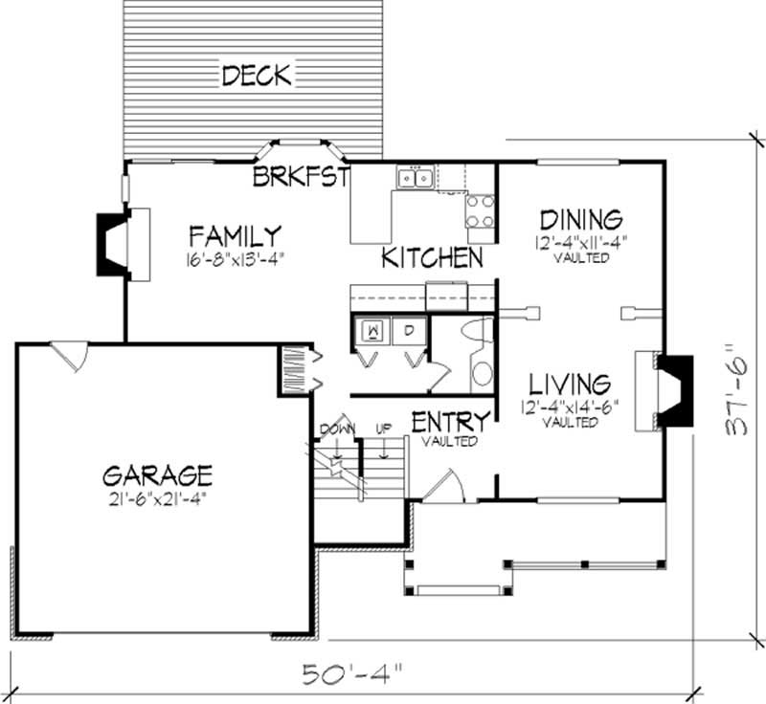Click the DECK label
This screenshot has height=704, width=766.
[256, 75]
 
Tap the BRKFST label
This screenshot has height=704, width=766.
[299, 177]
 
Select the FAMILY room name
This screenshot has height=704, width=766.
[234, 235]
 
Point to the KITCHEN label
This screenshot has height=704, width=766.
[431, 258]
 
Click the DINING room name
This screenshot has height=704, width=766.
[581, 220]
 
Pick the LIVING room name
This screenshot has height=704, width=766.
[571, 385]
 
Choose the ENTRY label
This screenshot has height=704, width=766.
[451, 422]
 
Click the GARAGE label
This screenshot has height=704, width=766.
[157, 475]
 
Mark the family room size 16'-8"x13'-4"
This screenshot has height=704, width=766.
[235, 257]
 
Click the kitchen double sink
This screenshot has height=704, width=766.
[416, 178]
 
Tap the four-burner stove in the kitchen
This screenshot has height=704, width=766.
[481, 210]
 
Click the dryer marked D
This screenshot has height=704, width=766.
[407, 332]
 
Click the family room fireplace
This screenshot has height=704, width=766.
[116, 245]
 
